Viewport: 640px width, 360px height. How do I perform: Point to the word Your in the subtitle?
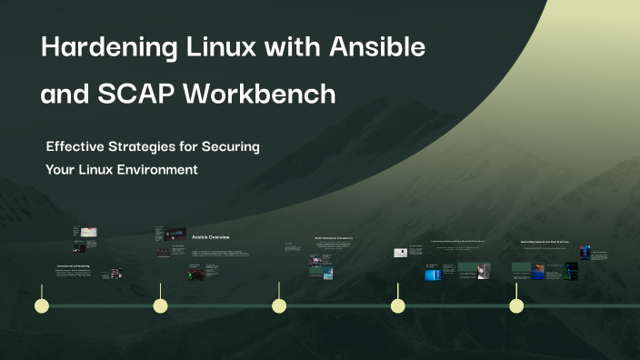[x=62, y=169]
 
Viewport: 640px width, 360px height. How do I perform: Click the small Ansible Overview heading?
[x=210, y=237]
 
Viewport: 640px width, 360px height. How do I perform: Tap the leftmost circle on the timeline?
[x=41, y=305]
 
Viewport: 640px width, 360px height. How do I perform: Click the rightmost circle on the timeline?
[x=516, y=305]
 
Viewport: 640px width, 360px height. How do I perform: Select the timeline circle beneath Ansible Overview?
[x=160, y=305]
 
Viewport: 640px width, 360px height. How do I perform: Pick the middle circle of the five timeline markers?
[x=279, y=305]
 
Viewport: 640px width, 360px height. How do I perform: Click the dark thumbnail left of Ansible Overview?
[x=176, y=234]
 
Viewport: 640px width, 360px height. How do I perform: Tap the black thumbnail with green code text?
[x=571, y=270]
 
